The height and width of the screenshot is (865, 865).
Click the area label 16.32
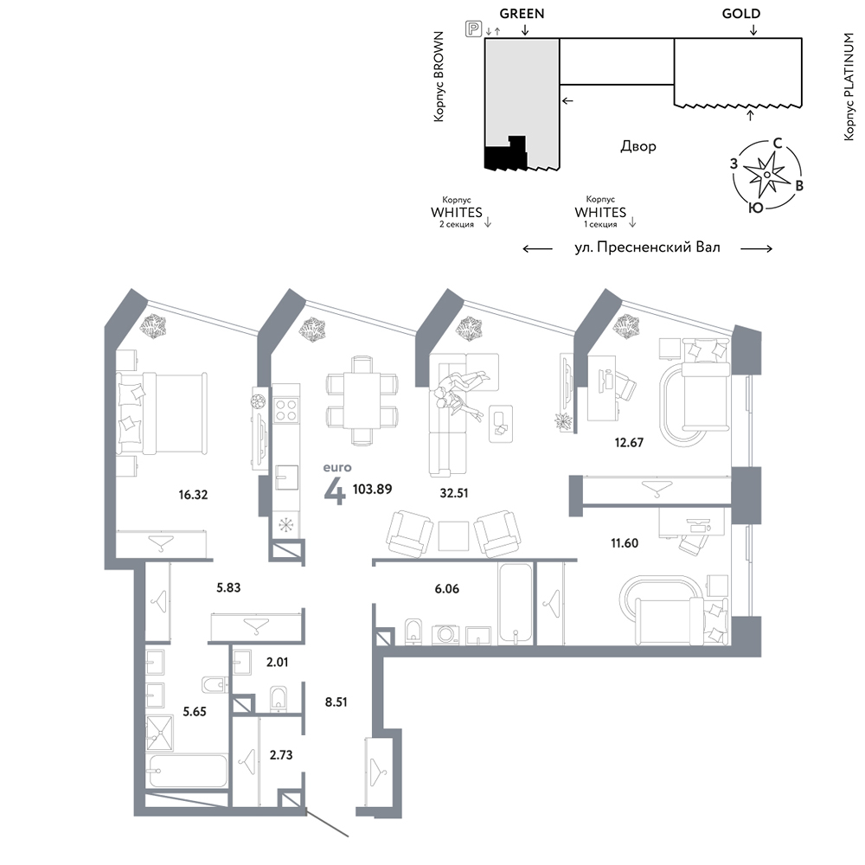click(x=193, y=495)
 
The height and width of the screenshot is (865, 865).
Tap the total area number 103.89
click(x=372, y=489)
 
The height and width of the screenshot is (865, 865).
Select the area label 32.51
click(x=454, y=493)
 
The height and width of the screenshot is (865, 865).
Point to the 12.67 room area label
click(x=629, y=442)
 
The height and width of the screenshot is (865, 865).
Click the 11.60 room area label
click(x=625, y=543)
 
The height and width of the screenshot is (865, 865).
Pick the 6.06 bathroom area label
click(x=447, y=589)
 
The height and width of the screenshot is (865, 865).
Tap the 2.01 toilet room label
click(x=277, y=662)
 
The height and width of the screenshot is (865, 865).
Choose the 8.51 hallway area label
click(x=336, y=702)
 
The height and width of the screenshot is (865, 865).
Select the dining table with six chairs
click(x=362, y=400)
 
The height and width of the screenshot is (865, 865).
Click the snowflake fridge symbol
click(x=285, y=525)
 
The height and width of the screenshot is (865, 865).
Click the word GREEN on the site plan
click(x=522, y=14)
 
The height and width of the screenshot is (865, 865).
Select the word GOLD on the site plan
click(x=741, y=14)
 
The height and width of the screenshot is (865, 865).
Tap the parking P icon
click(x=473, y=29)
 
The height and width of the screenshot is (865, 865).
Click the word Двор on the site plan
click(x=638, y=146)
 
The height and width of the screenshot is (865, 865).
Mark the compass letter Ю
click(x=756, y=208)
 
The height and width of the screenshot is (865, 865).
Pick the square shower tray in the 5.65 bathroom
click(x=159, y=734)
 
